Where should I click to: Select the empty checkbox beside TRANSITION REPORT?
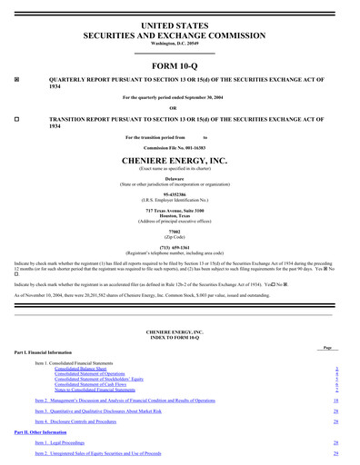17,119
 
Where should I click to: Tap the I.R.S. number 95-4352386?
179,194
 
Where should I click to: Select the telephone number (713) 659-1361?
179,247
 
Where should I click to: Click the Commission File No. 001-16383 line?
179,147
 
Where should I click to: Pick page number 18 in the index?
335,401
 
